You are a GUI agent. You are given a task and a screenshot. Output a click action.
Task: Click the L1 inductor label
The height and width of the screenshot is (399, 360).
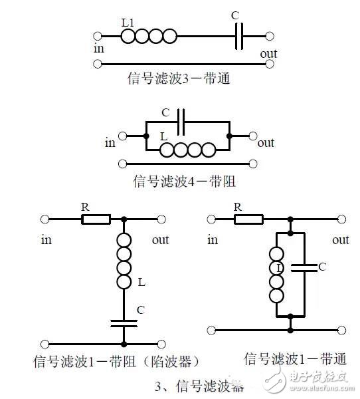(129, 22)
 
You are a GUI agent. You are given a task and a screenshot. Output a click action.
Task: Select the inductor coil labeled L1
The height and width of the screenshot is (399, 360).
(149, 36)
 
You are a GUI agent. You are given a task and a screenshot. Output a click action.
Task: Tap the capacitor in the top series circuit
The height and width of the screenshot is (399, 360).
(240, 36)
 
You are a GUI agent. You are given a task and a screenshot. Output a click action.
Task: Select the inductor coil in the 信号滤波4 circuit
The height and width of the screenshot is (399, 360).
(189, 150)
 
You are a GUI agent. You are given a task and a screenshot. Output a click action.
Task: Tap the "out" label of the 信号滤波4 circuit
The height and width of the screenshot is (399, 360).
(266, 142)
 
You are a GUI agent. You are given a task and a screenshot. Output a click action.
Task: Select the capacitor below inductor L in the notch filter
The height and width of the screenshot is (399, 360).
(124, 322)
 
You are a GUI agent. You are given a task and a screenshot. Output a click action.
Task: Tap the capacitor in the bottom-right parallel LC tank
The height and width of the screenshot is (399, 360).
(305, 267)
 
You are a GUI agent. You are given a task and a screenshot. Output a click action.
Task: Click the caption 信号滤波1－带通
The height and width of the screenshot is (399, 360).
(295, 359)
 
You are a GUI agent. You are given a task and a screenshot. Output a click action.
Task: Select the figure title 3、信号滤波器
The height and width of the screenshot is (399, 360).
(199, 386)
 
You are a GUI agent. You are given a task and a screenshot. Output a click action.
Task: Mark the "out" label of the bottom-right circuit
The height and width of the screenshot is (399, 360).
(341, 240)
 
